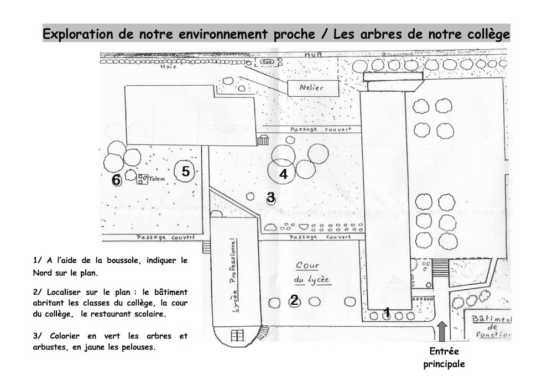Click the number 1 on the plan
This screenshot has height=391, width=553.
point(387,312)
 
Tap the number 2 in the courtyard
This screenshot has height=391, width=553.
point(294,300)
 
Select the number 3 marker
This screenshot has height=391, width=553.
point(270,196)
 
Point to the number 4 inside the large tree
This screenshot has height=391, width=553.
point(283,174)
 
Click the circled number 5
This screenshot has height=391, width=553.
point(186,171)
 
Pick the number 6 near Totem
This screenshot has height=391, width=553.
point(116,180)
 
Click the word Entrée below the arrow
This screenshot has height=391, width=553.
point(444,352)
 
